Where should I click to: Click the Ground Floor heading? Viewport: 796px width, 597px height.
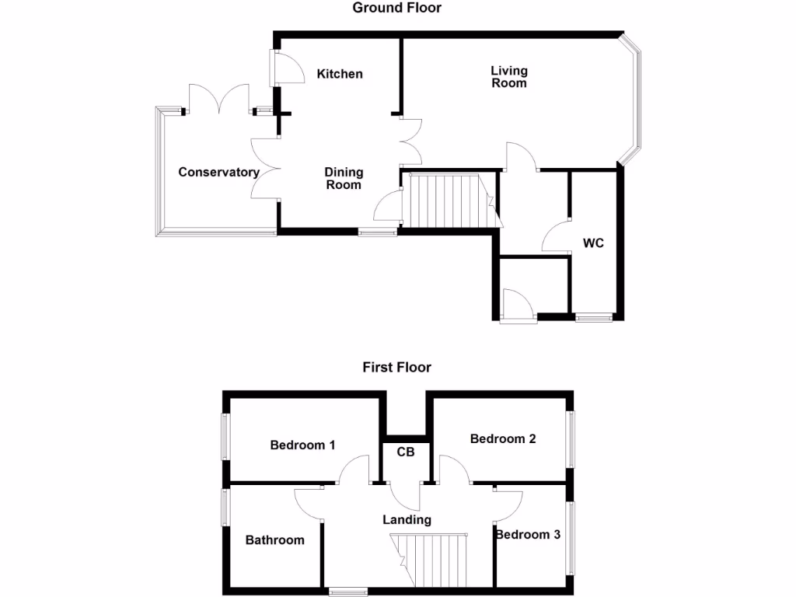point(396,8)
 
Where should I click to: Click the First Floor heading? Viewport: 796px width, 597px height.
point(396,367)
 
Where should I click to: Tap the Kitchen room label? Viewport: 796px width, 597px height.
point(340,74)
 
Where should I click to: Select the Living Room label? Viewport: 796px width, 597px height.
point(509,77)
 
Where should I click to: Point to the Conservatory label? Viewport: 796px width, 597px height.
point(218,173)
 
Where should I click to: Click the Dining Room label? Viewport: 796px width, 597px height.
point(344,178)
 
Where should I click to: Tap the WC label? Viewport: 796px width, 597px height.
point(594,243)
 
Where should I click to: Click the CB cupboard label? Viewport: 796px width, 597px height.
point(405,452)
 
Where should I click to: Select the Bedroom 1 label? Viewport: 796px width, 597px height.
point(302,445)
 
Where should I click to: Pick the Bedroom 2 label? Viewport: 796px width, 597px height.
point(503,438)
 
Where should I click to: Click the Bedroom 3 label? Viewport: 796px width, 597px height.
point(528,535)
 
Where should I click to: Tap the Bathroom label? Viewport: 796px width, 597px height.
point(275,539)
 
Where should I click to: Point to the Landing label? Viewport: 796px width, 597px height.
point(407,519)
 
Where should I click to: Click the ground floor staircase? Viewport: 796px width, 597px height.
point(446,200)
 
